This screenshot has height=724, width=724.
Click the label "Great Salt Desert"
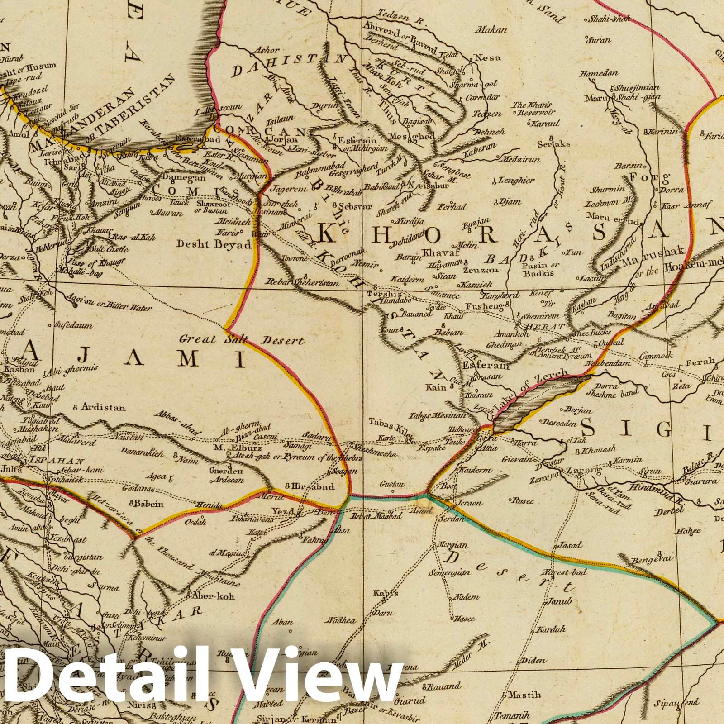pos(242,339)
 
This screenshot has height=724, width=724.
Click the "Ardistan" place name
pos(103,407)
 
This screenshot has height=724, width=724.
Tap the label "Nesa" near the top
pos(492,57)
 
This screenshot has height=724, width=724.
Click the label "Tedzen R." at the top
pos(391,13)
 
